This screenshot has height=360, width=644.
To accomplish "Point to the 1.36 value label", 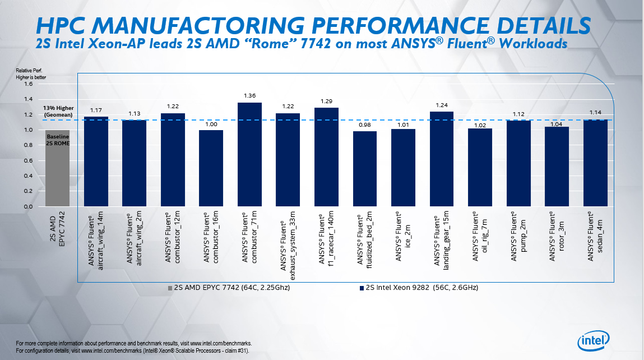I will click(x=249, y=96).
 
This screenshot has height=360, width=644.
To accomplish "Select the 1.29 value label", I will click(x=326, y=101).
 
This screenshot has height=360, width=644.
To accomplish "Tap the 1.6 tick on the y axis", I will click(x=29, y=84).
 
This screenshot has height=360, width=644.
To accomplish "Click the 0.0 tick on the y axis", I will click(x=29, y=206).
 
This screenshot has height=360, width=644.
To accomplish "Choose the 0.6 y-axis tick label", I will click(x=29, y=160).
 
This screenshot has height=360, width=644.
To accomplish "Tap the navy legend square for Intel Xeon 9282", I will click(x=362, y=288).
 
